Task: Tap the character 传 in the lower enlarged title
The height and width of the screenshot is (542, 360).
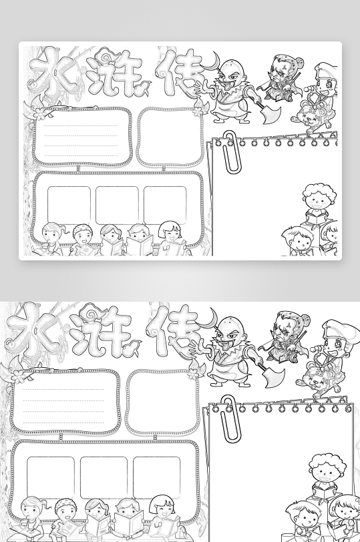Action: [171, 332]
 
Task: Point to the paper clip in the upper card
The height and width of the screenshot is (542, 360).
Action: [232, 151]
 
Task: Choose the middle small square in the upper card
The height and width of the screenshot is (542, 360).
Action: [117, 206]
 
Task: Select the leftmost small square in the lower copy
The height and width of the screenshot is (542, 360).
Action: [51, 478]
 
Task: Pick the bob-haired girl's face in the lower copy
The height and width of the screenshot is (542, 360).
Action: [162, 512]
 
